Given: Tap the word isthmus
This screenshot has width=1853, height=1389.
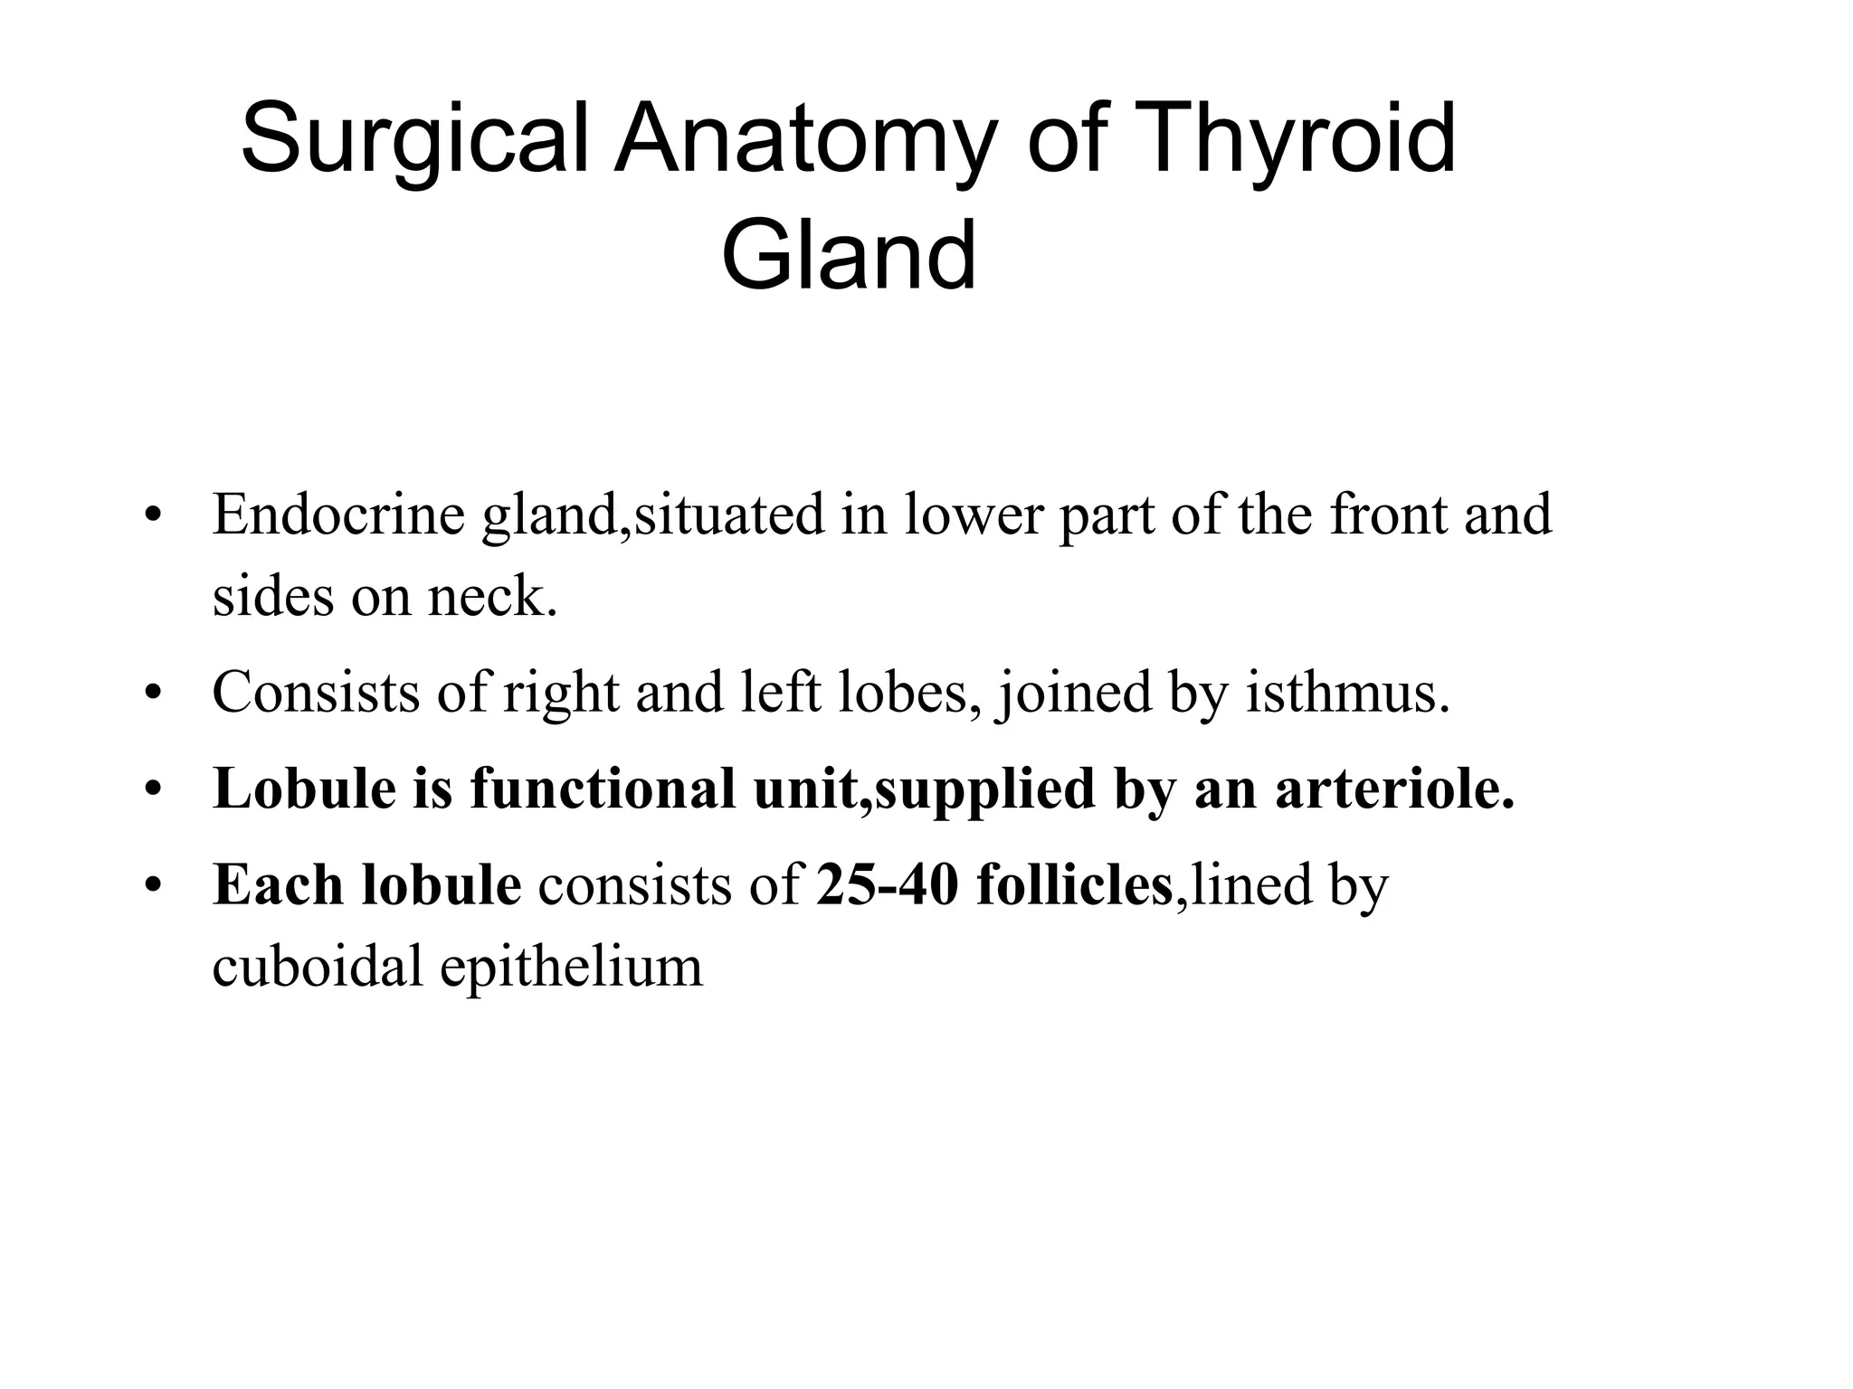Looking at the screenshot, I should pos(1347,693).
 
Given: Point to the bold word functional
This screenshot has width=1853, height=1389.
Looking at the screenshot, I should pos(602,788).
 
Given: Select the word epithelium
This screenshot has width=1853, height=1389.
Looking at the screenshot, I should pos(571,966).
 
